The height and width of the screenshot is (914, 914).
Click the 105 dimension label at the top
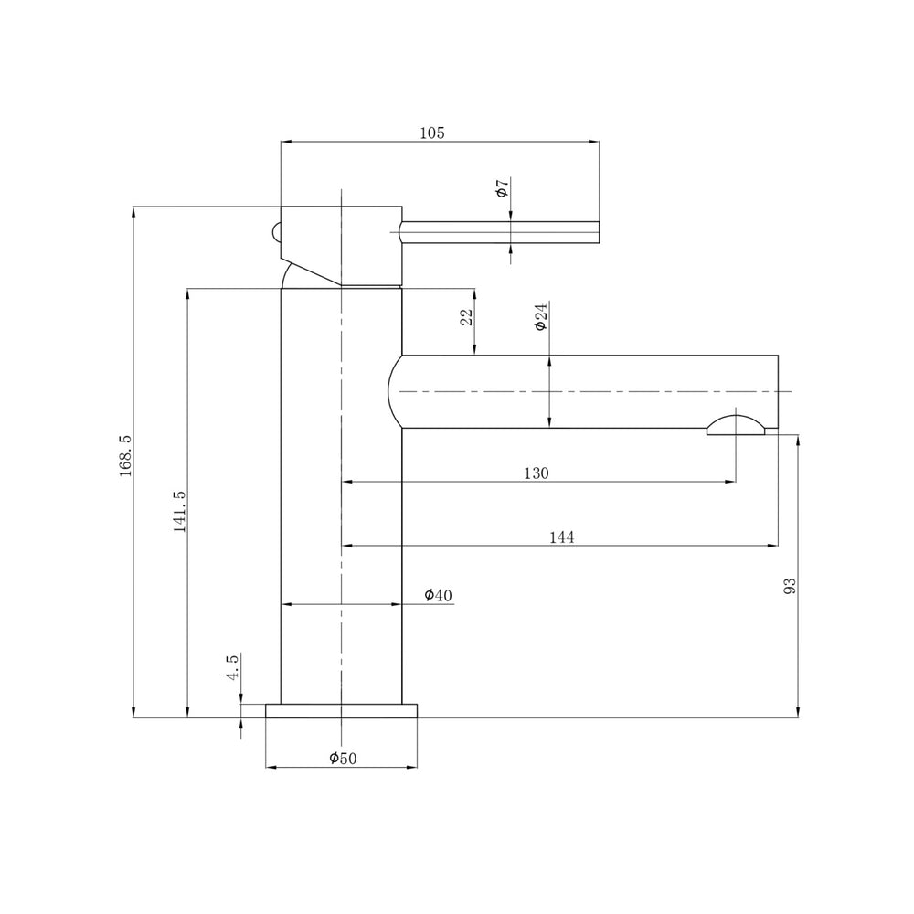[x=432, y=133]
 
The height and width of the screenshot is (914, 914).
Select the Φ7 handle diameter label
[x=503, y=187]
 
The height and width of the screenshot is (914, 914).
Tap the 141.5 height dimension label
[x=179, y=511]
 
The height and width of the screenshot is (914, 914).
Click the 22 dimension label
[x=467, y=317]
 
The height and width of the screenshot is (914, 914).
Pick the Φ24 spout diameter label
[x=541, y=316]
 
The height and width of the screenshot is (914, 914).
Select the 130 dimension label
[x=537, y=473]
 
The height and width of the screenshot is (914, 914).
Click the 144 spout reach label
[x=562, y=537]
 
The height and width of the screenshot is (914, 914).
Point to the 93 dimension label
[x=790, y=585]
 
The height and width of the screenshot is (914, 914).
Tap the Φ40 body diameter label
[x=439, y=595]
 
